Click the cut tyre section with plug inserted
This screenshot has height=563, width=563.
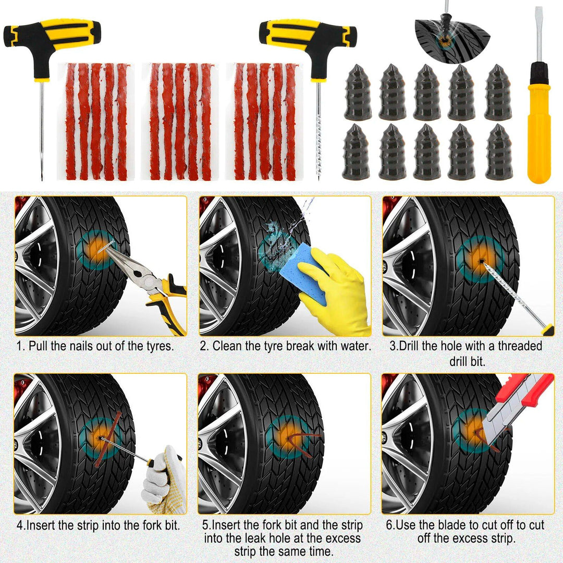point(452,35)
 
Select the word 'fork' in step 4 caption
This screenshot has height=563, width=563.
point(140,525)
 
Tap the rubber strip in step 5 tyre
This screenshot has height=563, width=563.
point(300,440)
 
